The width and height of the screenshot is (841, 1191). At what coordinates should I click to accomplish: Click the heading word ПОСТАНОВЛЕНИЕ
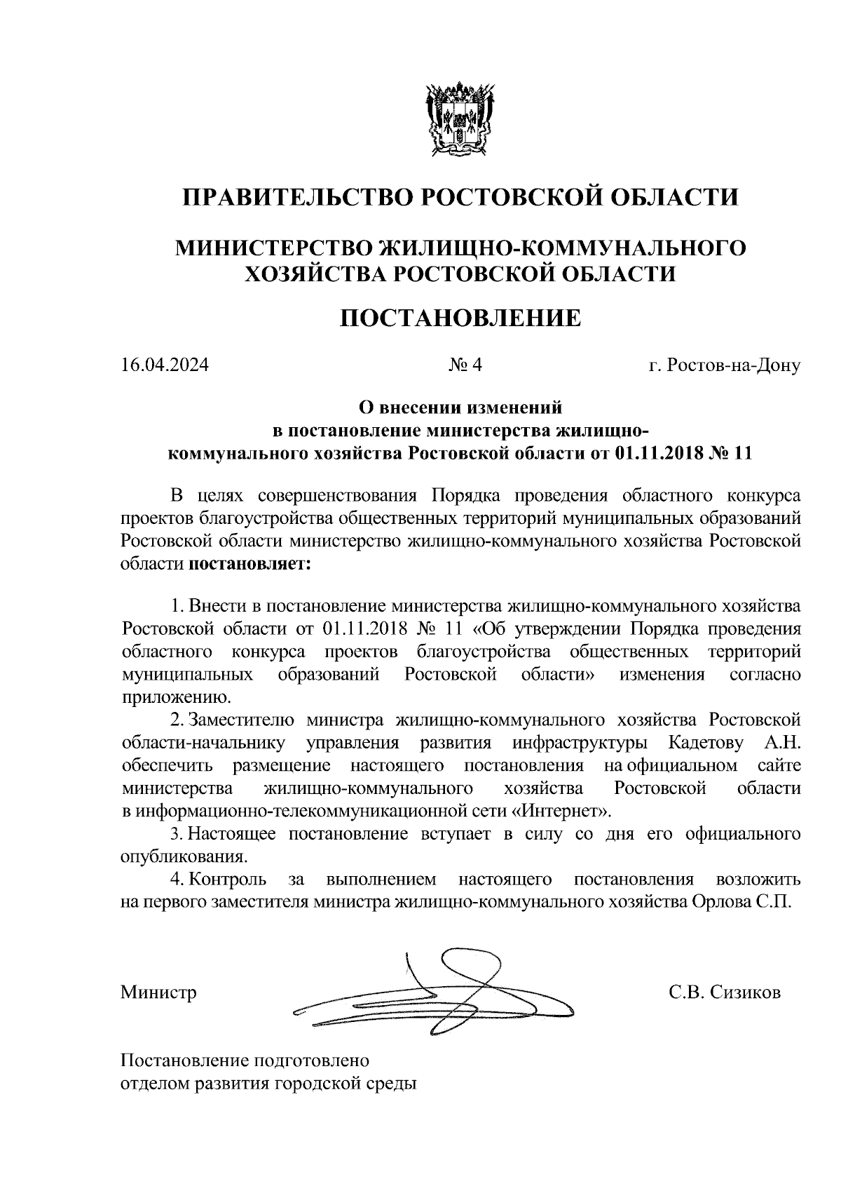[460, 318]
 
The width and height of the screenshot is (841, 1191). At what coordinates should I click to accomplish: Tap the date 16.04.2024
[165, 365]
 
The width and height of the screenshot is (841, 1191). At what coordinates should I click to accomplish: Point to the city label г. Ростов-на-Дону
[724, 365]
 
